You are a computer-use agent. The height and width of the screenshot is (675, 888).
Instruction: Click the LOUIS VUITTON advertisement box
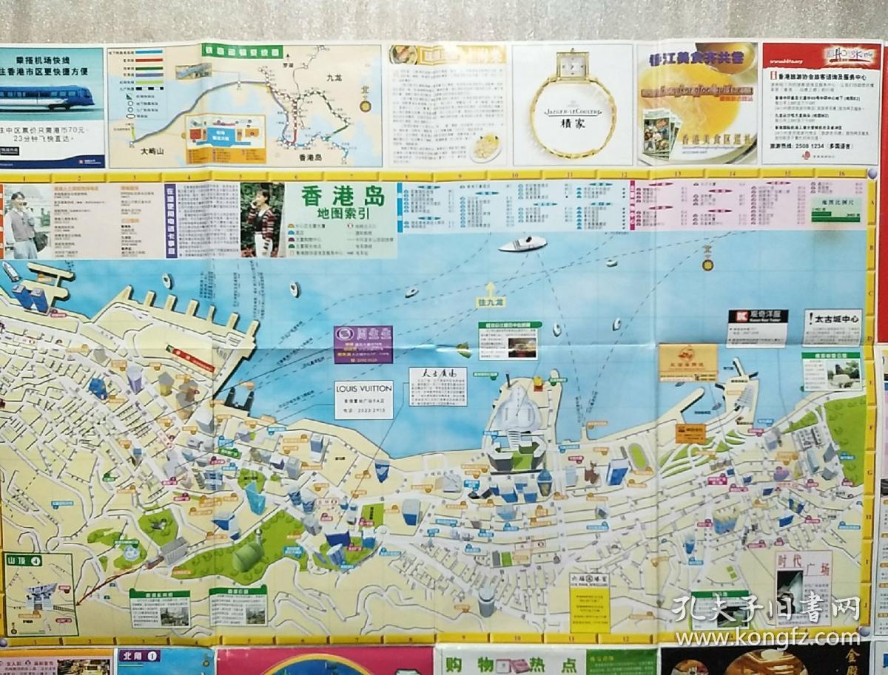[x=363, y=399]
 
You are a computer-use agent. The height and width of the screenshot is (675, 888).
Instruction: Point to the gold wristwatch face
[x=572, y=67]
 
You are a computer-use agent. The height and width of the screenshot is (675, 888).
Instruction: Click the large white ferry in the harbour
[x=522, y=243]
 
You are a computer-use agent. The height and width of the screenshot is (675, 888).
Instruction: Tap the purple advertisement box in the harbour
[x=363, y=344]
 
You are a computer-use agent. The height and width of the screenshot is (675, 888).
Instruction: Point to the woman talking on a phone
[x=261, y=219]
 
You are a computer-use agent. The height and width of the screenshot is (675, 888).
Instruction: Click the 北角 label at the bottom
[x=138, y=655]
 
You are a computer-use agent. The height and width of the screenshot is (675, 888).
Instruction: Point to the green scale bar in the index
[x=835, y=216]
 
